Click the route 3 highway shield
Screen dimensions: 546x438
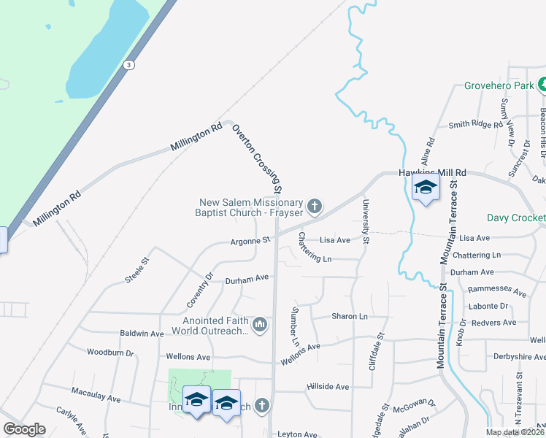click(x=129, y=64)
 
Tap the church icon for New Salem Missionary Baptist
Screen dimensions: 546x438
click(x=315, y=207)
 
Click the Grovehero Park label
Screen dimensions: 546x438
click(x=499, y=85)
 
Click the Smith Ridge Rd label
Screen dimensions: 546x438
click(x=476, y=125)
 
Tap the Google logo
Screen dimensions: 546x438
click(x=24, y=429)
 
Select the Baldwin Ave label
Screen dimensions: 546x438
click(x=142, y=333)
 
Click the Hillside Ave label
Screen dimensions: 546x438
click(x=328, y=386)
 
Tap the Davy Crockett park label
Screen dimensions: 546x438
click(x=516, y=218)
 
